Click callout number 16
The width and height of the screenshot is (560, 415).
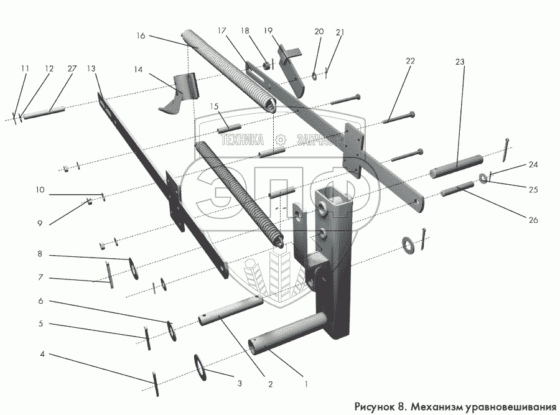tap(140, 36)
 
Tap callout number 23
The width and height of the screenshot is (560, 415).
tap(460, 62)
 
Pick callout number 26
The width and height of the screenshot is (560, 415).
tap(534, 220)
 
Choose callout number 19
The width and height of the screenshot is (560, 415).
tap(268, 30)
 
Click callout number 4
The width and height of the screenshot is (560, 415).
tap(42, 355)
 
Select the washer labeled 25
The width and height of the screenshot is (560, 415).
tap(483, 179)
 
